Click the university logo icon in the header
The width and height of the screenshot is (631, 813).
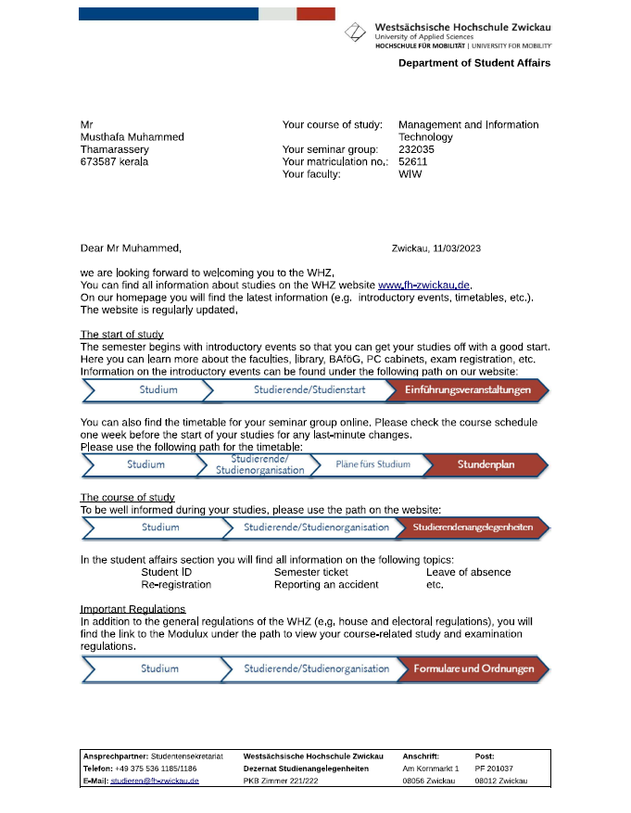(355, 32)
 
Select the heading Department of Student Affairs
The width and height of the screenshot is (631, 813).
(474, 63)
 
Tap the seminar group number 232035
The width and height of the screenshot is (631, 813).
(416, 149)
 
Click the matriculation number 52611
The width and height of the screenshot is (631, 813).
(412, 161)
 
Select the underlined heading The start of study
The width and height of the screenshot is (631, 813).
(121, 335)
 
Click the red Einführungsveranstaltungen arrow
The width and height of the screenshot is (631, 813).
(468, 390)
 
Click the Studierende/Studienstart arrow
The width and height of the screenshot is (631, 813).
(297, 390)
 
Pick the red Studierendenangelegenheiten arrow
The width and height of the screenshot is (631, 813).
(473, 527)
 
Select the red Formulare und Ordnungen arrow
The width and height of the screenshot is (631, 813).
(473, 668)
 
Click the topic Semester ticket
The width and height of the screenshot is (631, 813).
(311, 572)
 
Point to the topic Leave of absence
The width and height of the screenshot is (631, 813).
(468, 572)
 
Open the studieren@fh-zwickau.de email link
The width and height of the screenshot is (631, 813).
(155, 781)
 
